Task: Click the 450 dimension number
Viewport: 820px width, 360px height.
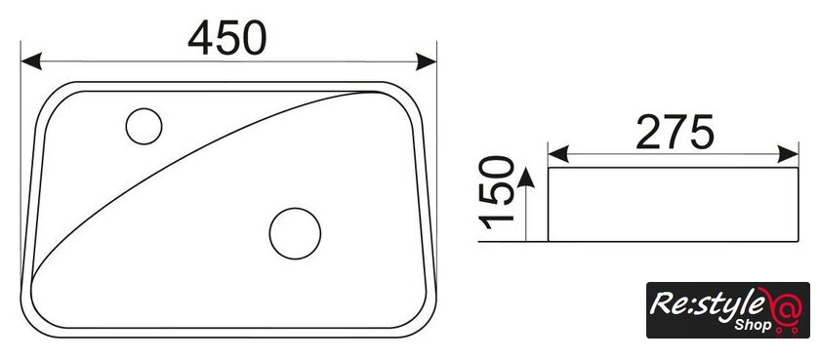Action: pos(226,39)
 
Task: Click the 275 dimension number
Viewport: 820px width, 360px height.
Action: pos(675,131)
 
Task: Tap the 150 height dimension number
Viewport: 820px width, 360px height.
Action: pos(496,193)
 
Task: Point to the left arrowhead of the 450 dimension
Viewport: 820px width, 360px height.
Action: pos(31,61)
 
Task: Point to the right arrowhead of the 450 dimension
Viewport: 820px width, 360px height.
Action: pos(427,61)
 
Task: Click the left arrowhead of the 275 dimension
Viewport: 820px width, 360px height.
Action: pos(558,155)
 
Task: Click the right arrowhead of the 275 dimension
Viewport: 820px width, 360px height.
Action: pos(788,155)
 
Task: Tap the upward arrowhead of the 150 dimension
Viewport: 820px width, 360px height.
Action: pos(525,178)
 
